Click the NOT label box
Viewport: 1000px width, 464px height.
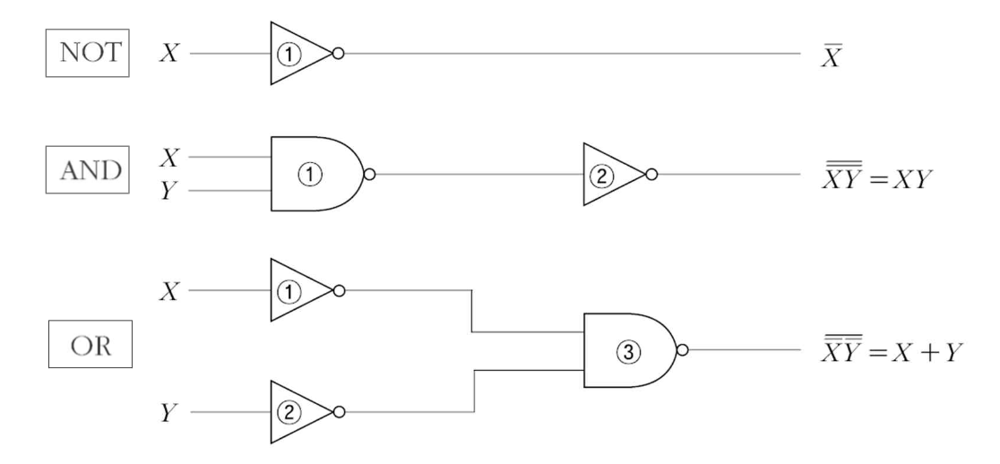pos(87,53)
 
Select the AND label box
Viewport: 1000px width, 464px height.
pos(87,171)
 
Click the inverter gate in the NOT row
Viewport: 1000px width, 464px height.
pos(297,54)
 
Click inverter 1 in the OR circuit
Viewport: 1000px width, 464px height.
pos(297,290)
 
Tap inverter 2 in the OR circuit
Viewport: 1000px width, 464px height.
pos(297,413)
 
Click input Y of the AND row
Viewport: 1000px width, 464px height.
pos(167,191)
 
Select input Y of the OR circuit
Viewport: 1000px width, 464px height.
pos(167,414)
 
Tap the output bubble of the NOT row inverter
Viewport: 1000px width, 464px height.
pos(337,54)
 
